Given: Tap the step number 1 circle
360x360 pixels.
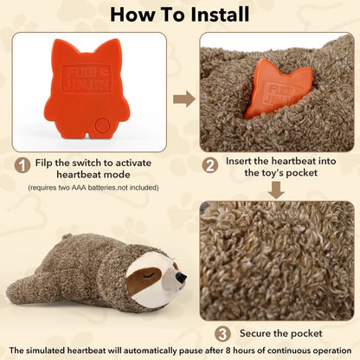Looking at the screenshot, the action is (x=22, y=165).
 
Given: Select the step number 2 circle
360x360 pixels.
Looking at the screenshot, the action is (x=209, y=165).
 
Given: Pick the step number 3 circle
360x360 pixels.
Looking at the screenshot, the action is (x=222, y=334).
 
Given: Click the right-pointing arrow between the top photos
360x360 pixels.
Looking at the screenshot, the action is (x=184, y=99).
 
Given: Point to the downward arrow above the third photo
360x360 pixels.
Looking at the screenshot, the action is (x=276, y=190).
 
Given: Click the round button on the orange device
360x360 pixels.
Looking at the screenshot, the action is (x=101, y=125).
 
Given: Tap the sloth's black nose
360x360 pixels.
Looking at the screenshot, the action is (x=181, y=277).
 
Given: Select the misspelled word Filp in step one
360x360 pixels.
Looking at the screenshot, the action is (x=44, y=163).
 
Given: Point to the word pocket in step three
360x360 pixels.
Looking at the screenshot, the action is (x=306, y=334).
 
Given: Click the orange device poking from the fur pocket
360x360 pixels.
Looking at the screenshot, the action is (x=278, y=88).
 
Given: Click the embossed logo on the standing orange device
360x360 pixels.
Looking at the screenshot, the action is (x=87, y=79).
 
